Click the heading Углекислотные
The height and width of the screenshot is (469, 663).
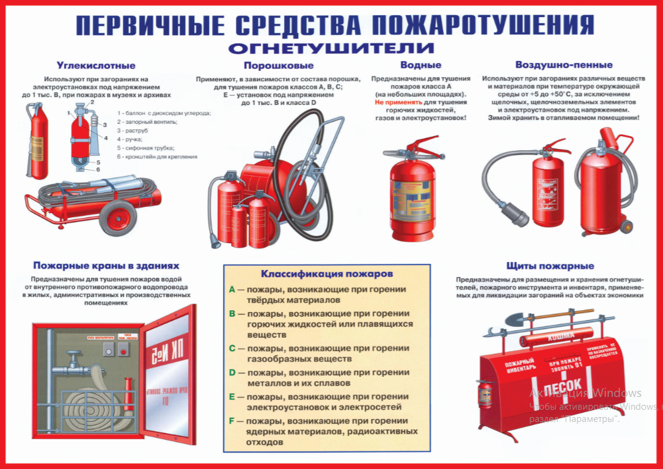point(96,65)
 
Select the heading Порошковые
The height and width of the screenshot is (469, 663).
point(278,65)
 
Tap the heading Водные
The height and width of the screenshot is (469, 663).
point(420,65)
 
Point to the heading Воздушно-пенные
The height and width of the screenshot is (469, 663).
point(563,65)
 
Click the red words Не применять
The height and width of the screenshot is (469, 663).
point(396,103)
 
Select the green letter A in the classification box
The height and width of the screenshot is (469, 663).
point(232,289)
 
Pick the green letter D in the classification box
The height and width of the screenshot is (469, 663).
point(232,372)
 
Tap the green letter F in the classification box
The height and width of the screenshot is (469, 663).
point(232,420)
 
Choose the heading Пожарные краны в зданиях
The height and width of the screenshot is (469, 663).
point(106,266)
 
